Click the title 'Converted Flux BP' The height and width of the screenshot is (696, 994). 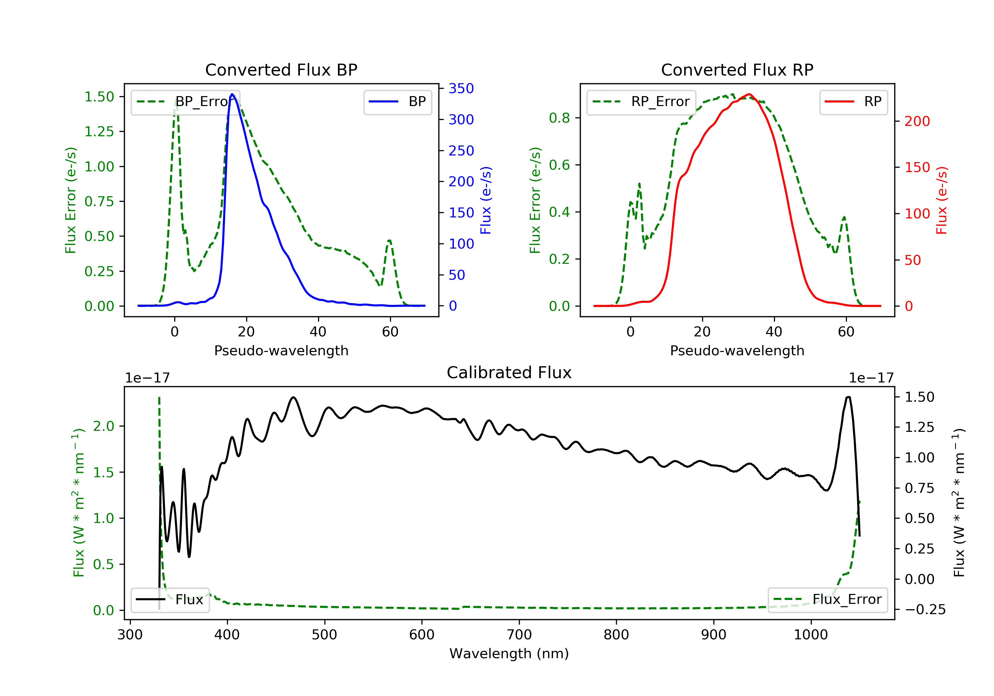pyautogui.click(x=281, y=70)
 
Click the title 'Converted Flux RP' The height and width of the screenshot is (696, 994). pyautogui.click(x=737, y=70)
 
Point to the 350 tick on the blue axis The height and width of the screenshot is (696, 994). pyautogui.click(x=461, y=88)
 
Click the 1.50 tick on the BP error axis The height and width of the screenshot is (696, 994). pyautogui.click(x=99, y=96)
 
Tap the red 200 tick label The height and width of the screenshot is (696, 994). pyautogui.click(x=917, y=121)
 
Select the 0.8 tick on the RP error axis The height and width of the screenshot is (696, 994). pyautogui.click(x=559, y=118)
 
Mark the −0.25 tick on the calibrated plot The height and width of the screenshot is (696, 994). pyautogui.click(x=925, y=609)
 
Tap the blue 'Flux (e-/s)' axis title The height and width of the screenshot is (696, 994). pyautogui.click(x=486, y=200)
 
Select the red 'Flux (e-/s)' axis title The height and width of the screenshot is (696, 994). pyautogui.click(x=942, y=200)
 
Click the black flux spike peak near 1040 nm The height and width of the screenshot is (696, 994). pyautogui.click(x=848, y=397)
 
